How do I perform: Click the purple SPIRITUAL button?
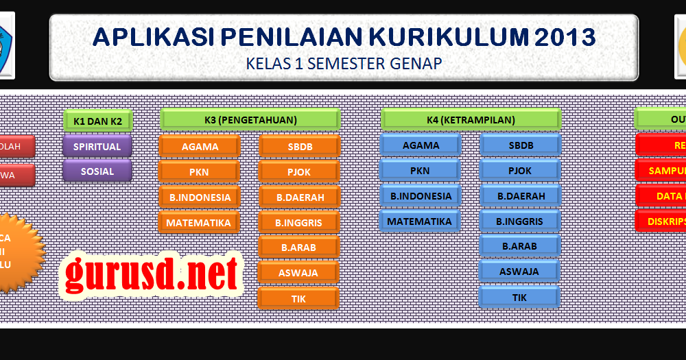pyautogui.click(x=97, y=146)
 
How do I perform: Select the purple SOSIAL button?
pyautogui.click(x=97, y=171)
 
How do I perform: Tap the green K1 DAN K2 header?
pyautogui.click(x=97, y=121)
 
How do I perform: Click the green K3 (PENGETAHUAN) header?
pyautogui.click(x=250, y=120)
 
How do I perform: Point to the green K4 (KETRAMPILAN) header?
pyautogui.click(x=471, y=120)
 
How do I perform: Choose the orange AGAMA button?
pyautogui.click(x=200, y=146)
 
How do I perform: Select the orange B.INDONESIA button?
pyautogui.click(x=200, y=197)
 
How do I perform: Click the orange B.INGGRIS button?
pyautogui.click(x=298, y=222)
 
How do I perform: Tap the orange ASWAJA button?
pyautogui.click(x=298, y=272)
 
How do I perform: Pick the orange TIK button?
pyautogui.click(x=298, y=298)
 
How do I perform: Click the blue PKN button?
pyautogui.click(x=420, y=170)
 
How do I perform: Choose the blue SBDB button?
pyautogui.click(x=521, y=145)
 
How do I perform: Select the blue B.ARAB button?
pyautogui.click(x=520, y=245)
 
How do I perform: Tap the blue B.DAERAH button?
pyautogui.click(x=521, y=196)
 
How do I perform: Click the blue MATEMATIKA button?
pyautogui.click(x=420, y=221)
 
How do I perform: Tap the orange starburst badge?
pyautogui.click(x=17, y=252)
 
